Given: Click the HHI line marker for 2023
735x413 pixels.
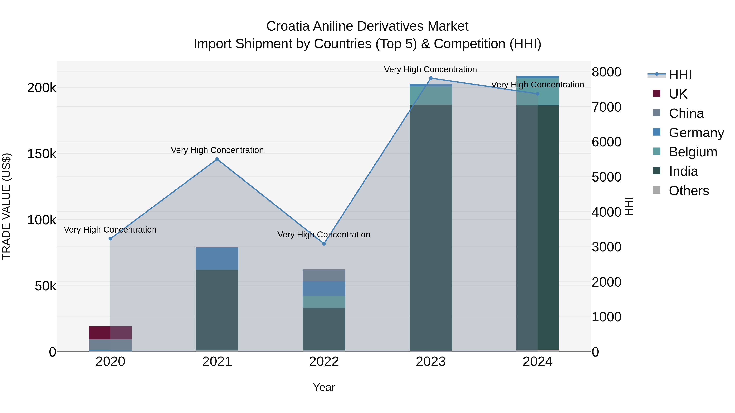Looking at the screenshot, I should pos(431,78).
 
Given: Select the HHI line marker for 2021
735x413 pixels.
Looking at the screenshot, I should pos(217,159).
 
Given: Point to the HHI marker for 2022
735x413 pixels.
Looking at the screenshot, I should pos(324,244).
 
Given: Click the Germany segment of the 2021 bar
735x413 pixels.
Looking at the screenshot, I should pos(217,259).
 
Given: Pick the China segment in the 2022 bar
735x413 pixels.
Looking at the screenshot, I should pos(324,275).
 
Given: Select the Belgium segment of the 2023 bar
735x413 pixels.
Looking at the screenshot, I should pos(431,95).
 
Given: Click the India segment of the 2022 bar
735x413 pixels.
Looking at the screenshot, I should pos(324,329).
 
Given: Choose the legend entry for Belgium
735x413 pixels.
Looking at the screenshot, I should pos(693,152).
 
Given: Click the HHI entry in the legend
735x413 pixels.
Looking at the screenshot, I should pos(680,75).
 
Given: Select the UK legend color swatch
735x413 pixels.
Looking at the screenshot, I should pos(657,93).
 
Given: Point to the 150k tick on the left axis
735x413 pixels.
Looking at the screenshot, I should pos(42,154).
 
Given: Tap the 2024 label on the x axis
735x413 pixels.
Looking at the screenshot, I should pos(538,362).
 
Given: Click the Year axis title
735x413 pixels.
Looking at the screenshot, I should pos(324,387).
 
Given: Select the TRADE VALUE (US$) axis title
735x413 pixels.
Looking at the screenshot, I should pos(6,206).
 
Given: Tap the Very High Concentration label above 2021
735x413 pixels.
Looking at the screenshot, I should pos(217,150).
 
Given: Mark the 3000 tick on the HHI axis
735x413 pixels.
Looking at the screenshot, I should pos(607,247).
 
